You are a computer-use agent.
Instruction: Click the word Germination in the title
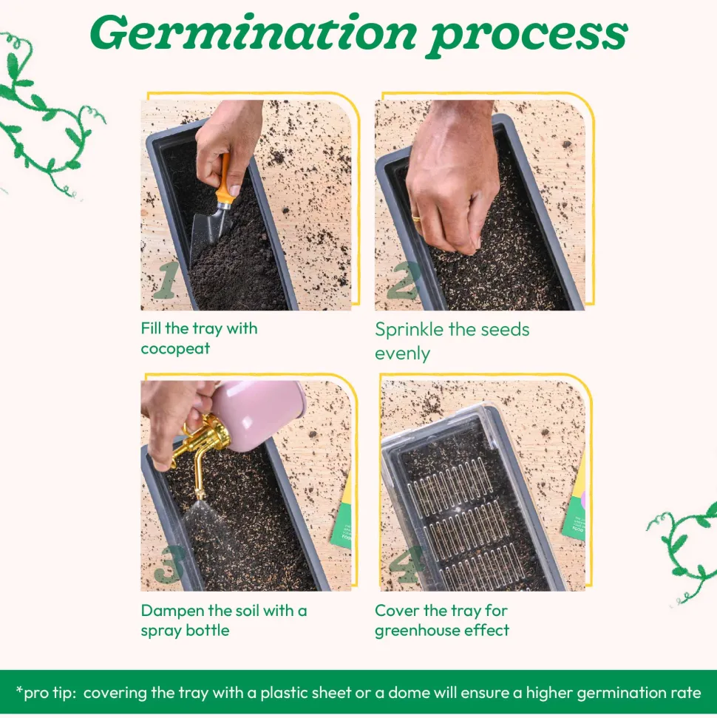pyautogui.click(x=254, y=33)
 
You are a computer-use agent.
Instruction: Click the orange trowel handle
pyautogui.click(x=225, y=180)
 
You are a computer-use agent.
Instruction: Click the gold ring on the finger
pyautogui.click(x=417, y=219)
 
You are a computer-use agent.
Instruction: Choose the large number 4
pyautogui.click(x=406, y=564)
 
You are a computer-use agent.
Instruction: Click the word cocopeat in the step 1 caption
pyautogui.click(x=175, y=349)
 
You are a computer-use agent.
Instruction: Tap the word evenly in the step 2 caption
pyautogui.click(x=402, y=354)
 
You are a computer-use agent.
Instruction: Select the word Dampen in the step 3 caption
pyautogui.click(x=173, y=612)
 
